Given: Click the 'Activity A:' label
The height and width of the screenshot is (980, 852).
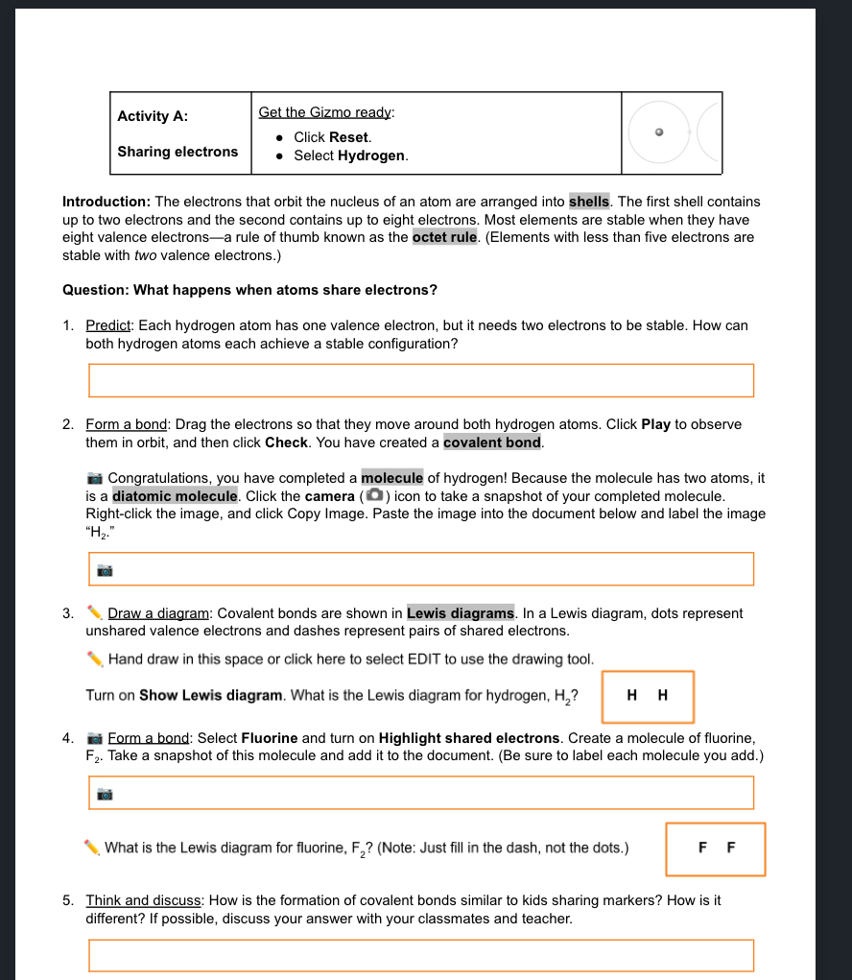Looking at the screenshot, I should [153, 116].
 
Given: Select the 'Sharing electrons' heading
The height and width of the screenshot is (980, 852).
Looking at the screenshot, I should [177, 152].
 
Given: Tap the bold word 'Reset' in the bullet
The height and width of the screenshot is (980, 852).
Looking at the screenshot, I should [349, 137].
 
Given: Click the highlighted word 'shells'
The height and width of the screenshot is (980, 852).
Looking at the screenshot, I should [589, 202].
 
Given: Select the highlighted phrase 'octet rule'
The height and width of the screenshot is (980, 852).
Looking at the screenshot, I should [445, 237].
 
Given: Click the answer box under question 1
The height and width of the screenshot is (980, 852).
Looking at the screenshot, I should [420, 380].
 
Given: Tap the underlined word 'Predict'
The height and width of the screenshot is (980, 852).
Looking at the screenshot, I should [107, 325].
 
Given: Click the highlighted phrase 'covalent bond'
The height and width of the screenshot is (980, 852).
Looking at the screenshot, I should [493, 442].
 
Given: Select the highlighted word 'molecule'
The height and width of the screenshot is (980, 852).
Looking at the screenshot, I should [391, 478].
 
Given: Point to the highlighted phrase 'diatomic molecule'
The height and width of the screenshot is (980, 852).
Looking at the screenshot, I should [176, 496].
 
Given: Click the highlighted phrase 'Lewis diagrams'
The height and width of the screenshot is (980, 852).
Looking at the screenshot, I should [461, 613].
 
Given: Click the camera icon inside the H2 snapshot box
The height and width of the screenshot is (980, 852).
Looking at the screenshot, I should [106, 570].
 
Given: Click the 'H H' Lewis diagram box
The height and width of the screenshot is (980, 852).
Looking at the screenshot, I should [648, 697].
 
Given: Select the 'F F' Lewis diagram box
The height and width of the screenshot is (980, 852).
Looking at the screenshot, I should [716, 849].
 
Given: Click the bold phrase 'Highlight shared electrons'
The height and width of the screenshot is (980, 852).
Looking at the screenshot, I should [469, 738].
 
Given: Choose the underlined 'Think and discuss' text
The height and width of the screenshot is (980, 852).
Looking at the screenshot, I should [143, 900].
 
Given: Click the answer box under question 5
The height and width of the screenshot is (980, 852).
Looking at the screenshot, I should [420, 955].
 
